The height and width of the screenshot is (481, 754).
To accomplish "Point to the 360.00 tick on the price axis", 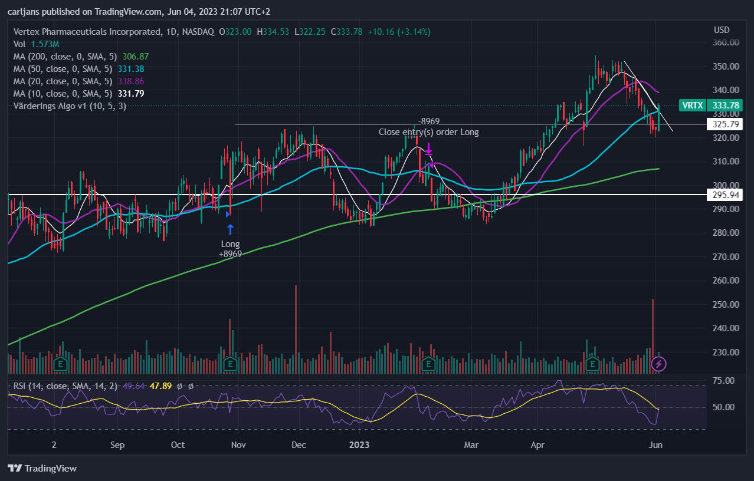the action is click(x=726, y=42).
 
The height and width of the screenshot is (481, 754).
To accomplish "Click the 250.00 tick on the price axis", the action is click(x=726, y=304).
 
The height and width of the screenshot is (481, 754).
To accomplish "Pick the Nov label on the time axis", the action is click(x=238, y=445).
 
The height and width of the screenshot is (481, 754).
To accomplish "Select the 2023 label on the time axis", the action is click(x=359, y=445).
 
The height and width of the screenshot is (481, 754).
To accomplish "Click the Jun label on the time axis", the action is click(x=655, y=445).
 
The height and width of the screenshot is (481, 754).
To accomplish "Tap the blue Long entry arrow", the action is click(x=230, y=229).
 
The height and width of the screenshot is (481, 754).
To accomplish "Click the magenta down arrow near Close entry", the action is click(x=428, y=149).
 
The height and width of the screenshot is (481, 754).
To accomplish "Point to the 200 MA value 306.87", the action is click(x=135, y=57).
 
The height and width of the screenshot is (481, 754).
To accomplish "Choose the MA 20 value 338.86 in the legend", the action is click(x=130, y=81).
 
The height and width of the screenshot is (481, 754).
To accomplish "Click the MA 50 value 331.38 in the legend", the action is click(x=130, y=69).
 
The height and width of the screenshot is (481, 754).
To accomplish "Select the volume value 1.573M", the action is click(x=45, y=44).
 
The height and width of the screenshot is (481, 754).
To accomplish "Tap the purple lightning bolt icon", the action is click(x=658, y=364).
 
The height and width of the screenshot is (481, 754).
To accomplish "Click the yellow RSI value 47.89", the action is click(x=160, y=386).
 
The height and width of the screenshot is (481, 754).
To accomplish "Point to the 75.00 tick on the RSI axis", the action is click(x=724, y=381).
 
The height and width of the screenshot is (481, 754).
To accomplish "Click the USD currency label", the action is click(x=722, y=30).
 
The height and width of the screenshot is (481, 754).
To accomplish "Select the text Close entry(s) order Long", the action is click(x=428, y=132).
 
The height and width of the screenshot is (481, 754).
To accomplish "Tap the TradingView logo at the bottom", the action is click(x=42, y=468).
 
